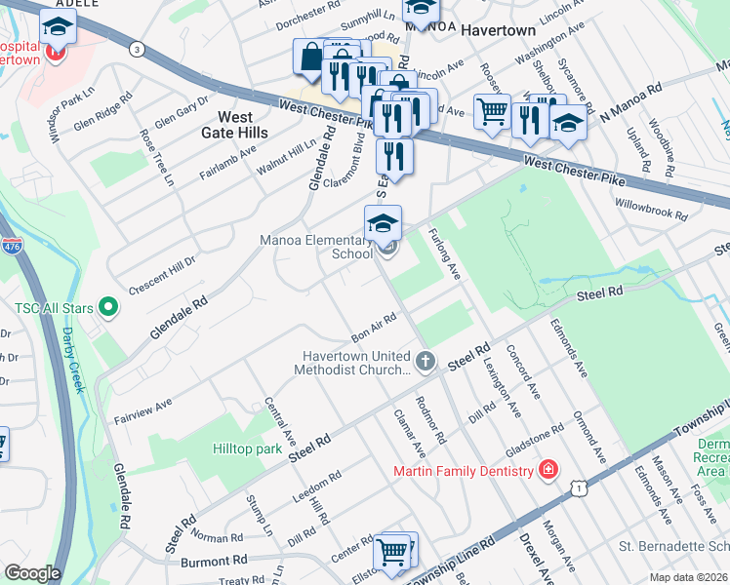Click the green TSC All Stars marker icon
point(108,309)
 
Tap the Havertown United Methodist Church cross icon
point(425,362)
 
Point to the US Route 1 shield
point(582,485)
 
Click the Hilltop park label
point(248,449)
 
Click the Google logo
point(32,572)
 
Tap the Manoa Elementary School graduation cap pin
point(384,224)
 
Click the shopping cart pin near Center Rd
point(392,551)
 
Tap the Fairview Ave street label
point(142,409)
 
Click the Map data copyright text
point(688,577)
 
